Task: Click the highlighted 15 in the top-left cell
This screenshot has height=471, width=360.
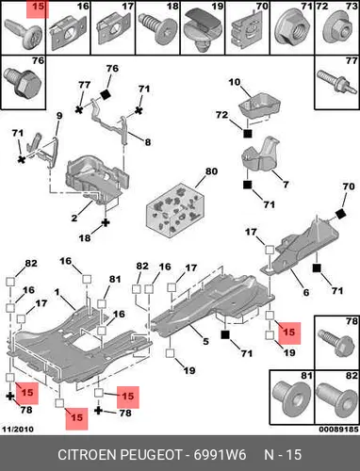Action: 38,7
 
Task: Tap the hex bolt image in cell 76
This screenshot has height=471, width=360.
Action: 23,81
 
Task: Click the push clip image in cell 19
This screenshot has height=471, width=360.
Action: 203,30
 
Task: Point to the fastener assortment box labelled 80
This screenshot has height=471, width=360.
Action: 175,210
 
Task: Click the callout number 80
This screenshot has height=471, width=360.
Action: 211,171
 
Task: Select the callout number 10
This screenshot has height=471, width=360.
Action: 235,82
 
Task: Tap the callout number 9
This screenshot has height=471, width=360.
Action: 59,116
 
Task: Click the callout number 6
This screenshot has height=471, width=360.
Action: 306,292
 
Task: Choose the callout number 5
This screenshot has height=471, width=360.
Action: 205,341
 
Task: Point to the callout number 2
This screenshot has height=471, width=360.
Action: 74,218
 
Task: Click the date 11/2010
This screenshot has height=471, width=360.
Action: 18,430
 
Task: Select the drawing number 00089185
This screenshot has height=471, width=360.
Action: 338,430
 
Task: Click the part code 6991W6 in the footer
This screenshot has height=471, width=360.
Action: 220,455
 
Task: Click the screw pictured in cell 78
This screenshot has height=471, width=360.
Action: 336,342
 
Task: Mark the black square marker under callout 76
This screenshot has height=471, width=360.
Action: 105,94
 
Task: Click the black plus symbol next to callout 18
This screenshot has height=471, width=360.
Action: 106,222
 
